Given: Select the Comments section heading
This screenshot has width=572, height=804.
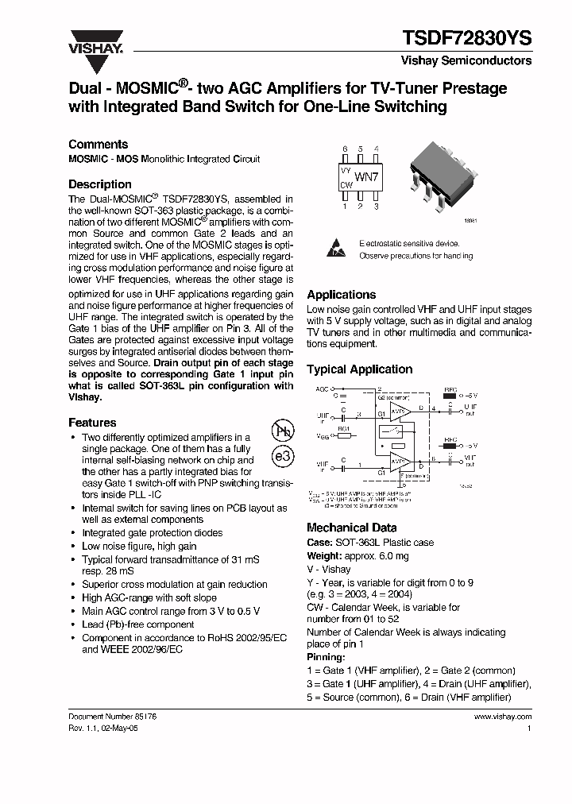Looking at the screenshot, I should pyautogui.click(x=98, y=145).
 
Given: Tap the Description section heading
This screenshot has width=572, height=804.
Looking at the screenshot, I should pyautogui.click(x=100, y=184).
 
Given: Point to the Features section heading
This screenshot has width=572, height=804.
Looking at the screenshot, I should pyautogui.click(x=92, y=423).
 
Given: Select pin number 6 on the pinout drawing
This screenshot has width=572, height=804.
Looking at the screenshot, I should pyautogui.click(x=345, y=149).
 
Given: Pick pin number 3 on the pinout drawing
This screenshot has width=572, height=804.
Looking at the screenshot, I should pyautogui.click(x=375, y=206).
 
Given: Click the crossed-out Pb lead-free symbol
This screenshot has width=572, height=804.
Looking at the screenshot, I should pyautogui.click(x=283, y=431).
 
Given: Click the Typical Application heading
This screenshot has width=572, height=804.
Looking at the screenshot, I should pyautogui.click(x=359, y=369).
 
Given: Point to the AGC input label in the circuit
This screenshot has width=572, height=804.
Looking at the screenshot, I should pyautogui.click(x=322, y=390).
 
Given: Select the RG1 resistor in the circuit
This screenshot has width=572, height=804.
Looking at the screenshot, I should pyautogui.click(x=344, y=435).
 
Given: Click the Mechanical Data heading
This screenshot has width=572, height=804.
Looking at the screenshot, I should pyautogui.click(x=351, y=528).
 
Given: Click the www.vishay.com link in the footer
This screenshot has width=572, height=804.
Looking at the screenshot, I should pyautogui.click(x=502, y=716).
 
